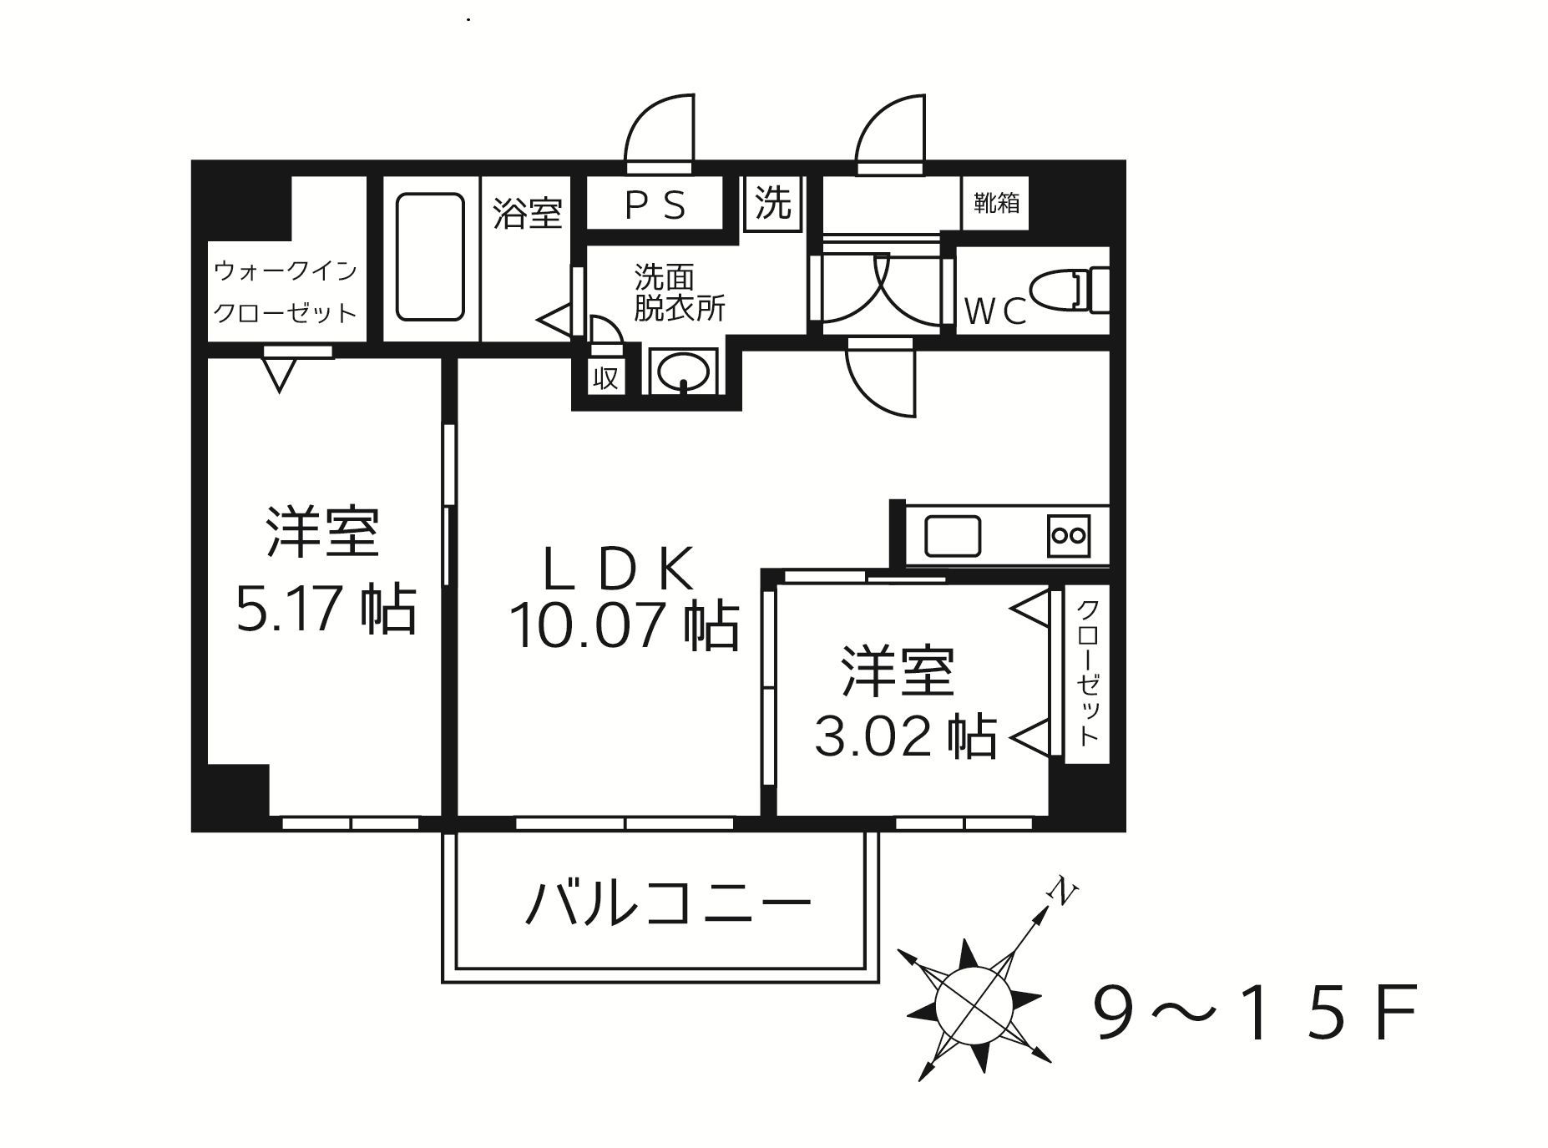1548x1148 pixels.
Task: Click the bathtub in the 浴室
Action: pyautogui.click(x=430, y=256)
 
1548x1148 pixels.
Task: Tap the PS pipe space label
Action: pyautogui.click(x=655, y=205)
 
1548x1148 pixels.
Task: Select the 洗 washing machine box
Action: pyautogui.click(x=772, y=202)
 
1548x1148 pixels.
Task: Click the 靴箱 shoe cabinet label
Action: pyautogui.click(x=995, y=203)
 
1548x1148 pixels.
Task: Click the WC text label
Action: pyautogui.click(x=995, y=311)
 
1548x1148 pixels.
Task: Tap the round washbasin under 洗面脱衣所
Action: pyautogui.click(x=683, y=370)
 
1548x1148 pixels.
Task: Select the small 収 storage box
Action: pyautogui.click(x=605, y=378)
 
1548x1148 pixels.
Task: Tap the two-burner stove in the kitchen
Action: pyautogui.click(x=1069, y=535)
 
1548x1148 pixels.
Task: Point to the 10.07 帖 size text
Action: pyautogui.click(x=624, y=625)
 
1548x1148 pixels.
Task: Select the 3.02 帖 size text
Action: pyautogui.click(x=905, y=736)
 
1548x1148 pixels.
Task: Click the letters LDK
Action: pyautogui.click(x=619, y=569)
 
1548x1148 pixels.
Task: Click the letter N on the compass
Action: pyautogui.click(x=1063, y=892)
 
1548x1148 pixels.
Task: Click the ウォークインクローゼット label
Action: pyautogui.click(x=286, y=291)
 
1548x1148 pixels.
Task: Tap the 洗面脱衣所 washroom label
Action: pyautogui.click(x=678, y=292)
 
